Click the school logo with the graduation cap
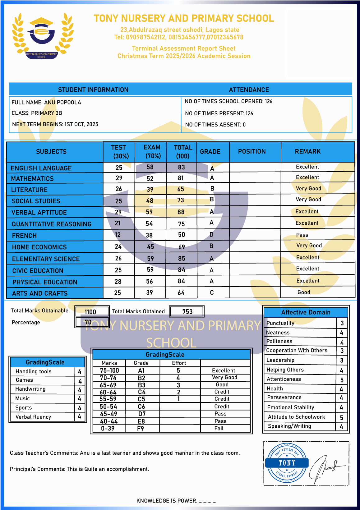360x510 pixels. point(42,36)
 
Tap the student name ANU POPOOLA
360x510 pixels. point(62,103)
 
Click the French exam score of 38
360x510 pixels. point(149,235)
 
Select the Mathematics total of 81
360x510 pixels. point(181,178)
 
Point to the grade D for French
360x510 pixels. point(211,234)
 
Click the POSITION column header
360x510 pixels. point(252,152)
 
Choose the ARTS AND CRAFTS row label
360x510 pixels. point(40,293)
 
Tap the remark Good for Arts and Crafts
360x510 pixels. point(304,292)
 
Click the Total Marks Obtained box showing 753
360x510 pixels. point(187,312)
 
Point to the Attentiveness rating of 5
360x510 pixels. point(342,380)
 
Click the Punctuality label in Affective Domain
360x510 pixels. point(280,323)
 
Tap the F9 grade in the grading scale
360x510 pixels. point(141,429)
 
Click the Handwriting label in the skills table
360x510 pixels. point(30,389)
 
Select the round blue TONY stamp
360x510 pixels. point(287,463)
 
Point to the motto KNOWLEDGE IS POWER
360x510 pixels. point(176,501)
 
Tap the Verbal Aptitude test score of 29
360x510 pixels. point(118,212)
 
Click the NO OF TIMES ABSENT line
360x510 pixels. point(215,125)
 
